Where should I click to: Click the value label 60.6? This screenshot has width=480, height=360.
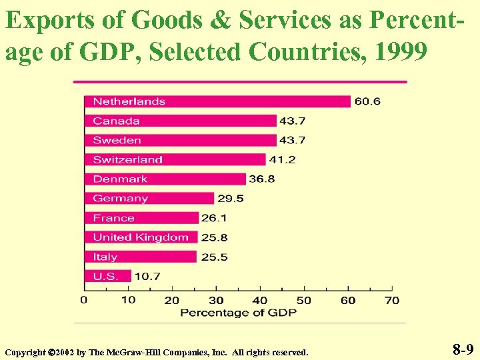point(367,101)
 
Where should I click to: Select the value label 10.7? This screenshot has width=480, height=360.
point(147,275)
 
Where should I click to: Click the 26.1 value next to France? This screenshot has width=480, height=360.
point(215,218)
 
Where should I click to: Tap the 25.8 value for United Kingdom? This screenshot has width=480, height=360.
point(213,237)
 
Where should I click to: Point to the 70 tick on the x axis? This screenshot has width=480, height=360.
point(392,300)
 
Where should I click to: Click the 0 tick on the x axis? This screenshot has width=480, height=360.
point(84,300)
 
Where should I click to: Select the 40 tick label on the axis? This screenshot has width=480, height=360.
point(260,300)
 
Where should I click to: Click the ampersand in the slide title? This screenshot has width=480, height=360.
point(219,21)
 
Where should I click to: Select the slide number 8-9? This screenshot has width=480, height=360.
point(463,349)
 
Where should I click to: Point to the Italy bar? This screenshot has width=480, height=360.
point(141,257)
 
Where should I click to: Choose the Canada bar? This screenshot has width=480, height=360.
point(180,121)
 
